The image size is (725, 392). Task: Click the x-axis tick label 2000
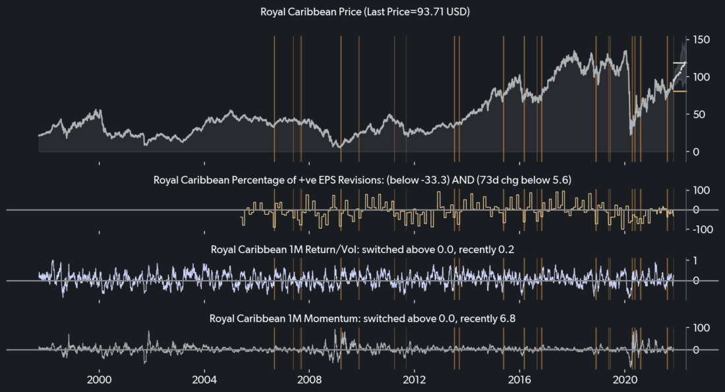point(100,380)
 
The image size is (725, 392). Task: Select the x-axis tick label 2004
point(204,380)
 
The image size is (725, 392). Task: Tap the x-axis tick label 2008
point(310,380)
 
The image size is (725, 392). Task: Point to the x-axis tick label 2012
point(414,380)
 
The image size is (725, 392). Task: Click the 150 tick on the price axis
point(700,40)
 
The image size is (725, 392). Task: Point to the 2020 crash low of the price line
point(631,134)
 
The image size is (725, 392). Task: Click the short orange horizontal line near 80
point(679,92)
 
